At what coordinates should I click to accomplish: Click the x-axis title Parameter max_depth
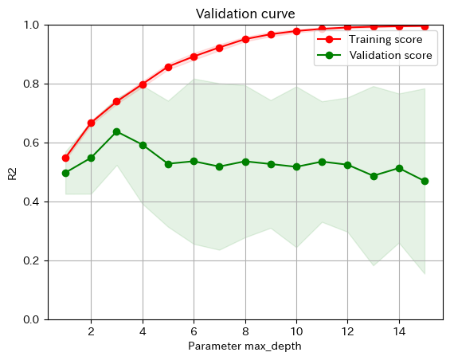[245, 346]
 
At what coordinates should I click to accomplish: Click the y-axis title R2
[12, 172]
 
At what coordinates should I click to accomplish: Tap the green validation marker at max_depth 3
[116, 131]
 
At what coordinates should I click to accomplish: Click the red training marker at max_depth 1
[65, 158]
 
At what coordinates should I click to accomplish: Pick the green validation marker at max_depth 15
[425, 181]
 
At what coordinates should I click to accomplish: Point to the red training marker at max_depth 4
[143, 84]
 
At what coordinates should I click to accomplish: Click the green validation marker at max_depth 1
[65, 173]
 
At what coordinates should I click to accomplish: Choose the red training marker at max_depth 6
[194, 57]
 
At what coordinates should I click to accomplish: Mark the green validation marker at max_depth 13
[374, 176]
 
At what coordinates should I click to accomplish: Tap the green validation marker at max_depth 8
[245, 162]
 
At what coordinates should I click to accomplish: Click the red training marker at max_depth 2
[91, 123]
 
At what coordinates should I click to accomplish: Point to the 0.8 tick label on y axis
[31, 84]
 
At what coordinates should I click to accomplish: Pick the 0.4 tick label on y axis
[31, 202]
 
